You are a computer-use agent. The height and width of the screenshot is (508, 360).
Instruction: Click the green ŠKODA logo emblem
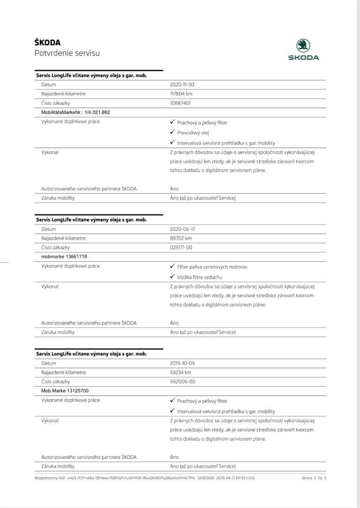pos(303,46)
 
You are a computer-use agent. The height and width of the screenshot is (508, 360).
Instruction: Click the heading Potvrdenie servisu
pos(67,53)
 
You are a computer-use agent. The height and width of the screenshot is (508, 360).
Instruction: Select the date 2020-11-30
pos(182,85)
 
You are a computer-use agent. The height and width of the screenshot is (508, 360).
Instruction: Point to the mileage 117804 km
pos(181,94)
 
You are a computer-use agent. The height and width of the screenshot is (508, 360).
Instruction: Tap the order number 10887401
pos(180,103)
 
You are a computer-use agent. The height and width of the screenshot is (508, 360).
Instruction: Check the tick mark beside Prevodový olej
pos(172,132)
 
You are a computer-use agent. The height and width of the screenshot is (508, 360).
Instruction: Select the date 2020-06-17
pos(183,229)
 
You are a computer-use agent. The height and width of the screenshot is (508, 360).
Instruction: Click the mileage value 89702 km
pos(181,238)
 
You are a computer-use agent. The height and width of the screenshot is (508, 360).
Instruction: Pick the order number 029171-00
pos(181,247)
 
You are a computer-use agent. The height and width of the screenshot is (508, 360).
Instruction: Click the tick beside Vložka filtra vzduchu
pos(172,277)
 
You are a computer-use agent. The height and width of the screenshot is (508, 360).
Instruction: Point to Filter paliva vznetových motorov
pos(212,267)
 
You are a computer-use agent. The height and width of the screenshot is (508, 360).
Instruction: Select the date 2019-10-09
pos(183,363)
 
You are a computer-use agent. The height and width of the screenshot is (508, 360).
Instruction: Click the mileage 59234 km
pos(181,372)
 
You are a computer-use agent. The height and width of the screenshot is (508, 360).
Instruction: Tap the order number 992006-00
pos(183,381)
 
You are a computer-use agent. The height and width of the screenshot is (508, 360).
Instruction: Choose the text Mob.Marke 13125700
pos(65,390)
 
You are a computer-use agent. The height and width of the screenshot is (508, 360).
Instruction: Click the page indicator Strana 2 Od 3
pos(314,478)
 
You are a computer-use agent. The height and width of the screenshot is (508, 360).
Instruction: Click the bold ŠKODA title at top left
pos(48,43)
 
